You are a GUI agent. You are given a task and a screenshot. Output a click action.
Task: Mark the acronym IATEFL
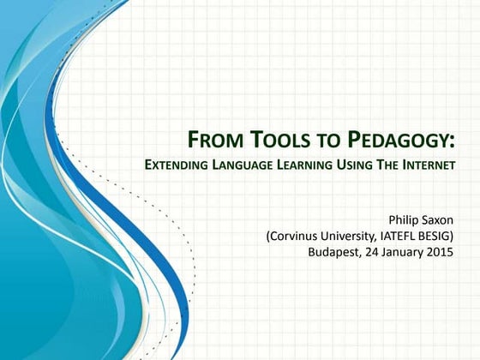405,236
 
